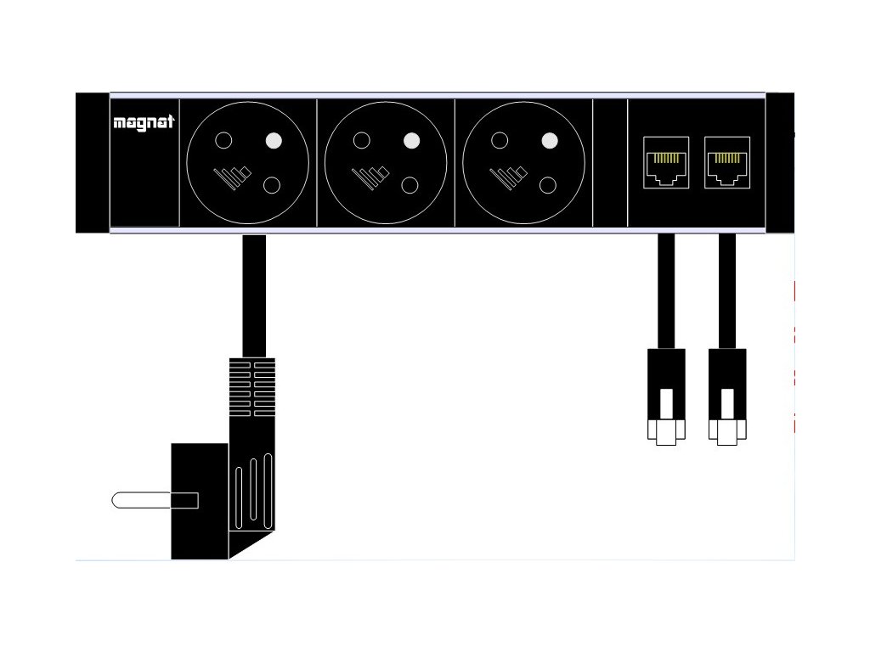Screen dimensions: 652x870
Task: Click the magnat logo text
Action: coord(143,122)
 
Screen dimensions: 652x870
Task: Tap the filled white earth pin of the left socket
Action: coord(274,141)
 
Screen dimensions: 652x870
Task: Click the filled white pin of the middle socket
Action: coord(412,140)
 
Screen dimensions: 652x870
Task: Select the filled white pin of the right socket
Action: coord(550,140)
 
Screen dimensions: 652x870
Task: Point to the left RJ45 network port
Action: coord(666,162)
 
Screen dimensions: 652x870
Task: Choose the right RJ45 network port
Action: coord(727,162)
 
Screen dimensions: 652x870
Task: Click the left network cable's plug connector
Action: coord(666,395)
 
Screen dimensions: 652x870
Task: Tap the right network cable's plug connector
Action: coord(727,395)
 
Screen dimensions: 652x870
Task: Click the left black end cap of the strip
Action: coord(92,162)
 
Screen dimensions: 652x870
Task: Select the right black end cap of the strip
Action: coord(780,162)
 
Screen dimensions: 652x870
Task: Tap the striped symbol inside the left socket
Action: coord(232,177)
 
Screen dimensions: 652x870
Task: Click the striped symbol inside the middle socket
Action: coord(370,177)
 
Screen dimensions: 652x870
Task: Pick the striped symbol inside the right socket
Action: coord(508,177)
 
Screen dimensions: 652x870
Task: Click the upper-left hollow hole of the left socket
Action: coord(223,140)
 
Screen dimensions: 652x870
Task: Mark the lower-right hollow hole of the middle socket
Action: coord(411,184)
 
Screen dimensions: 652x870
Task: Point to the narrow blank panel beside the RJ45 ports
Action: coord(610,162)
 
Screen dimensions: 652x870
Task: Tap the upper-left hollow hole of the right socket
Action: coord(500,140)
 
